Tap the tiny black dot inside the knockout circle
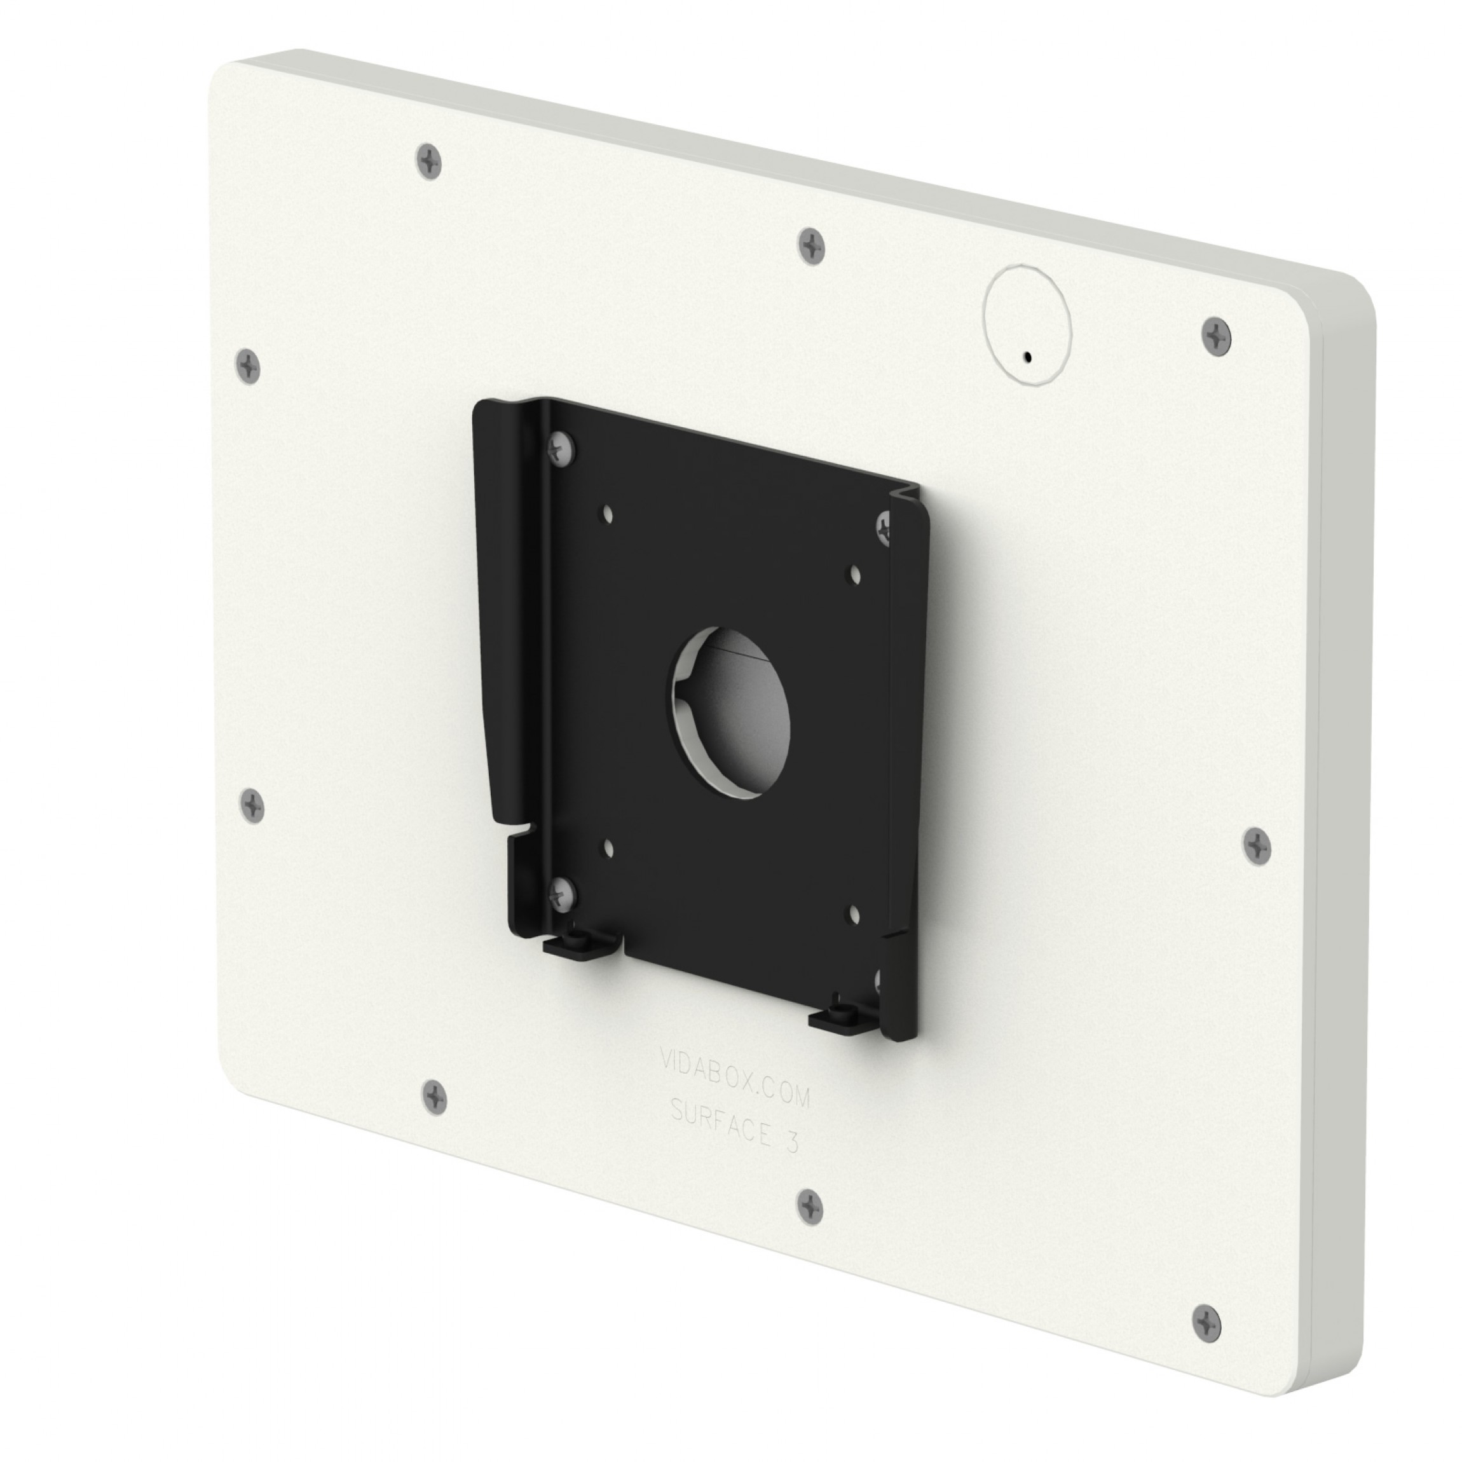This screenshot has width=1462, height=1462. point(1027,356)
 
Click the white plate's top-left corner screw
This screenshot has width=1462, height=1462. point(429,161)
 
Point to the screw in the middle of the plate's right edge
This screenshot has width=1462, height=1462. point(1257,846)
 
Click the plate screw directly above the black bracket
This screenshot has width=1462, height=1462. point(812,247)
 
